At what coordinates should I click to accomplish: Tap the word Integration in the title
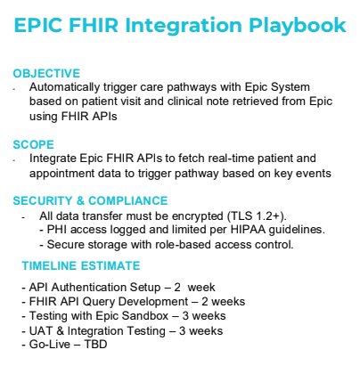coord(184,26)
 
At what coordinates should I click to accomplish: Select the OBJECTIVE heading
coord(46,73)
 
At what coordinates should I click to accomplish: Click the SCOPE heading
coord(33,144)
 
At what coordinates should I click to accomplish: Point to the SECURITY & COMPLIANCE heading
coord(90,200)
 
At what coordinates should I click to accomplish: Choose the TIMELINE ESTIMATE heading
coord(81,265)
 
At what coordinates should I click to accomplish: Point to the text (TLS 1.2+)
coord(257,216)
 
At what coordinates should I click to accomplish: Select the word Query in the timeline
coord(97,302)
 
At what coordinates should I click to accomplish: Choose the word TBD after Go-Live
coord(95,345)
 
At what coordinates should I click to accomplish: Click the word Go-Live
coord(50,345)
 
